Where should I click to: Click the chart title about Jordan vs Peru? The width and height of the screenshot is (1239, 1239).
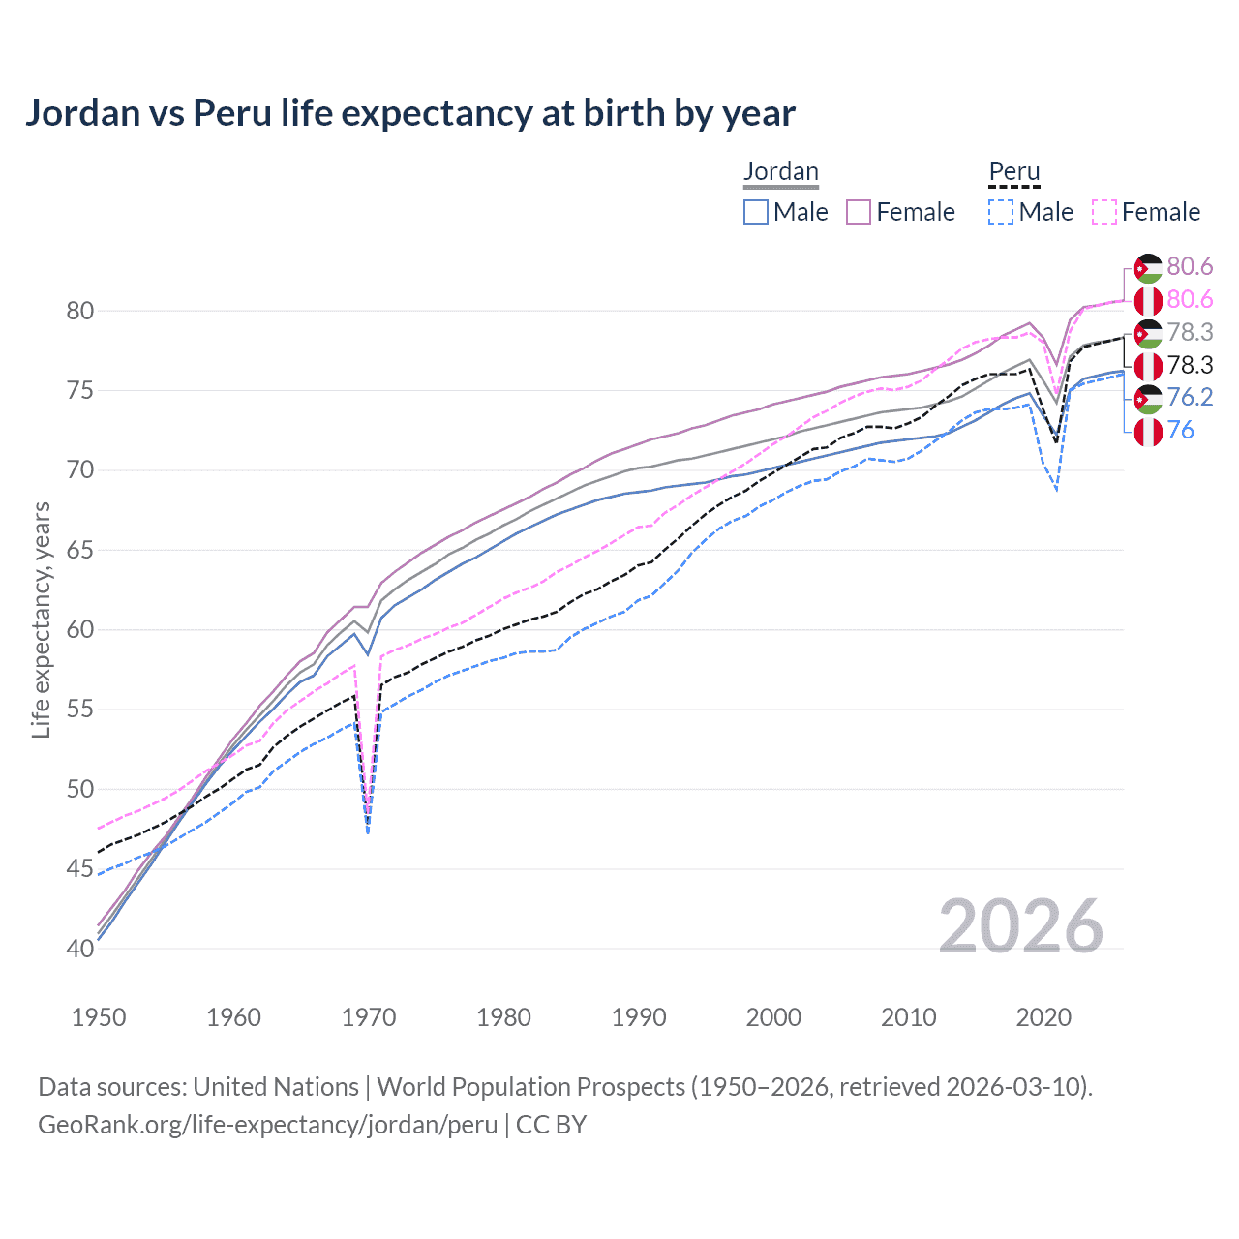tap(409, 113)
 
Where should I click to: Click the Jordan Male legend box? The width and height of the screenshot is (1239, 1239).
tap(756, 212)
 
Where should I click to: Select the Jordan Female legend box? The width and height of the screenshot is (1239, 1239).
tap(859, 212)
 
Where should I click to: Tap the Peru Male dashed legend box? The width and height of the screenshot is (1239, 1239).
tap(1001, 212)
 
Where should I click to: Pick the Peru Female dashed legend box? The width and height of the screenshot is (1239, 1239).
tap(1104, 212)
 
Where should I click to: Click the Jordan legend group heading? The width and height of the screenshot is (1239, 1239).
tap(780, 172)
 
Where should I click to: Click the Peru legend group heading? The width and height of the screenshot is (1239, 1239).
tap(1013, 172)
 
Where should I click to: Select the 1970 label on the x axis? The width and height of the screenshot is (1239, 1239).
tap(369, 1017)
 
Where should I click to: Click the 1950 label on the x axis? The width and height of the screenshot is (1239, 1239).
tap(99, 1017)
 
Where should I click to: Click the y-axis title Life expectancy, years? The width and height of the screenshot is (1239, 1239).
tap(42, 619)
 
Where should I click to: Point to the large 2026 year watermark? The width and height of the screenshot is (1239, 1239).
tap(1020, 926)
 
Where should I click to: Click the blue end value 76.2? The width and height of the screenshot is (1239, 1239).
tap(1190, 398)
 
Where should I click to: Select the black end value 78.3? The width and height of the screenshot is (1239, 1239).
tap(1190, 365)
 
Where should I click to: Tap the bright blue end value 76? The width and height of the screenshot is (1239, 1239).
tap(1181, 431)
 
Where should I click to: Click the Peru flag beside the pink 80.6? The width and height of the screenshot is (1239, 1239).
tap(1148, 300)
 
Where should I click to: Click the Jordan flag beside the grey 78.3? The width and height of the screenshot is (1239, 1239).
tap(1148, 333)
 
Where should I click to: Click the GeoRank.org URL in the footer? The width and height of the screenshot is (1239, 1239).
tap(267, 1125)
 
